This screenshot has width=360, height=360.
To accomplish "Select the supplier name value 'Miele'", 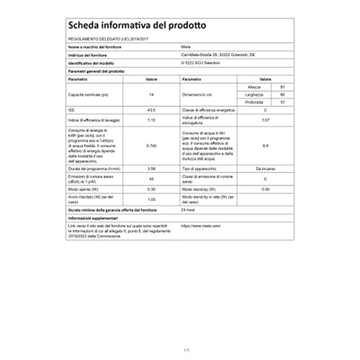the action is [181, 45].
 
